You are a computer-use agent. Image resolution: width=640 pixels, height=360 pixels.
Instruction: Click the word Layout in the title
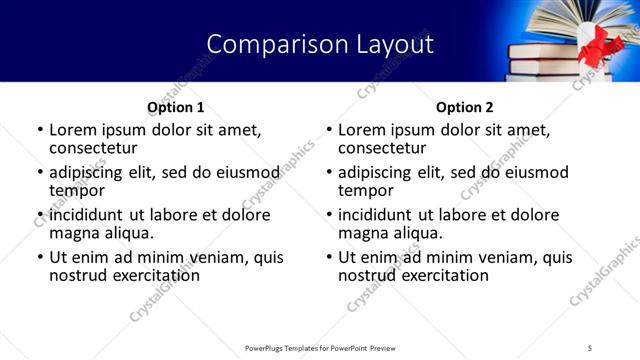click(390, 44)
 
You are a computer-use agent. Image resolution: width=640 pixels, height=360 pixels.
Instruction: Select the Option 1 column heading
click(176, 107)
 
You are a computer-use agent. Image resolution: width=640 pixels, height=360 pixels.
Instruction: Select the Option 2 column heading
click(464, 107)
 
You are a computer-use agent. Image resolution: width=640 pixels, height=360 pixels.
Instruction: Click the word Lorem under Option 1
click(74, 130)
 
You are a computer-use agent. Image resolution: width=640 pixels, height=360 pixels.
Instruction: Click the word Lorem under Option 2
click(363, 130)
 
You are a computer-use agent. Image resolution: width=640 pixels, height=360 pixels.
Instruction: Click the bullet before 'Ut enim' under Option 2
click(329, 258)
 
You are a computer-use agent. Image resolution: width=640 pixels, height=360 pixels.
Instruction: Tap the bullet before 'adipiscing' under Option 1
click(40, 173)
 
